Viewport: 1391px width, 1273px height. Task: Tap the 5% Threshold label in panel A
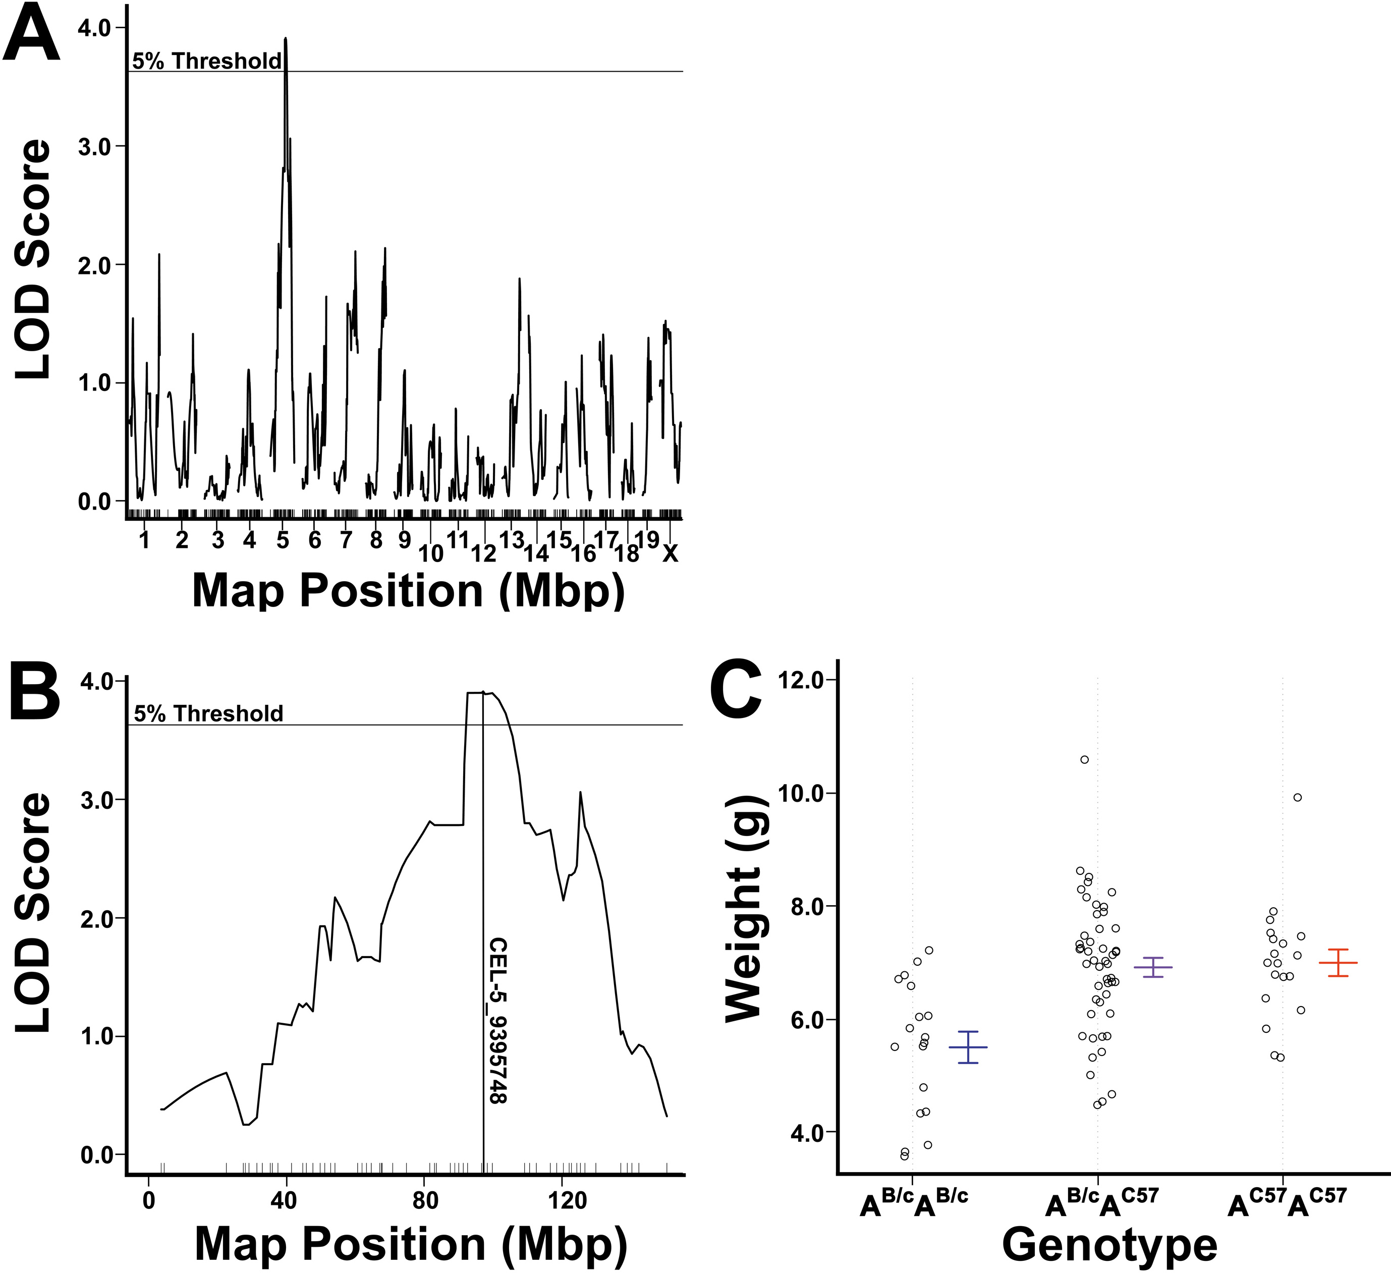tap(207, 62)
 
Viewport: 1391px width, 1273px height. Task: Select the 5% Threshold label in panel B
tap(208, 713)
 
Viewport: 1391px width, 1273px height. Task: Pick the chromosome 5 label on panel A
tap(283, 540)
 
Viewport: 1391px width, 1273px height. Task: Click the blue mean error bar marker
tap(968, 1047)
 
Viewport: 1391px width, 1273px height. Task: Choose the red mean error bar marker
tap(1338, 963)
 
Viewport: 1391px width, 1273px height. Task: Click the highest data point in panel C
tap(1085, 760)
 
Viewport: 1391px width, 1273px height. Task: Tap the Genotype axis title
tap(1109, 1245)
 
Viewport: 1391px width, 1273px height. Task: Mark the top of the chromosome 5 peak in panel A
tap(285, 39)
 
